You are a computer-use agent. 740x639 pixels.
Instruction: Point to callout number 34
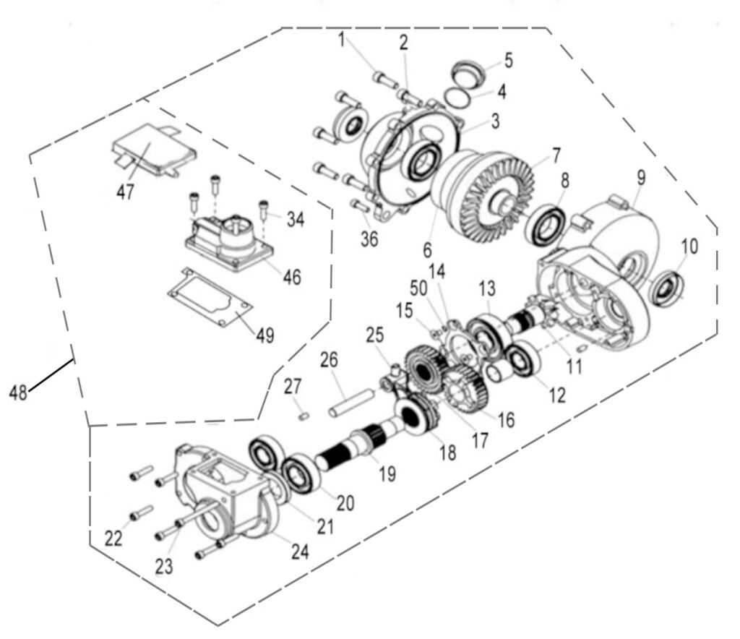tap(295, 219)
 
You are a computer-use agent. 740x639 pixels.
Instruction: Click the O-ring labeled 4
tap(461, 96)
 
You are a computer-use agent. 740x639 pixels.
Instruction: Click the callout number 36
tap(369, 239)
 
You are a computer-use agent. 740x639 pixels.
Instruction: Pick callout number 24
tap(299, 551)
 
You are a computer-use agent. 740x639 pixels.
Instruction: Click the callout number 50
tap(418, 288)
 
